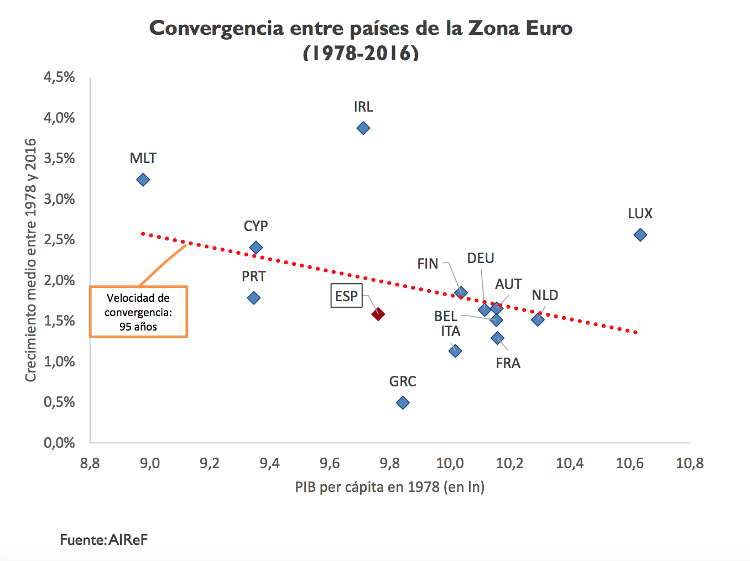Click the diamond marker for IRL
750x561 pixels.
click(363, 128)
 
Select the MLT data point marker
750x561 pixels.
click(143, 180)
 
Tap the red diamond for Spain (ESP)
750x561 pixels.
click(378, 314)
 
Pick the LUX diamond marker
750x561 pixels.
click(640, 235)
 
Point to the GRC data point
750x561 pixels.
click(403, 402)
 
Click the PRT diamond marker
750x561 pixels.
click(253, 298)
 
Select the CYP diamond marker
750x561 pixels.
click(256, 248)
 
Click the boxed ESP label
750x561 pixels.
click(346, 296)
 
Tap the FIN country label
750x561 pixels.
click(428, 264)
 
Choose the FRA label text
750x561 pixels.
click(508, 363)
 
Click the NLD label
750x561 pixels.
click(545, 295)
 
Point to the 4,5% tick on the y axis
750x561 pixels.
click(59, 77)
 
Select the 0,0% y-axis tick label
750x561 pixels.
click(59, 442)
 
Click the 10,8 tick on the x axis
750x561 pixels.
click(689, 463)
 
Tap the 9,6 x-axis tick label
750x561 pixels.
click(330, 463)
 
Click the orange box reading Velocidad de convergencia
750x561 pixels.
click(138, 312)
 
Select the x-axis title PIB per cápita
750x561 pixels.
click(389, 487)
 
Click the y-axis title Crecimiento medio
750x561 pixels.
click(30, 260)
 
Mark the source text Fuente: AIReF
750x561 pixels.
click(103, 539)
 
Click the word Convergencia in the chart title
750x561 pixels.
click(216, 28)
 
